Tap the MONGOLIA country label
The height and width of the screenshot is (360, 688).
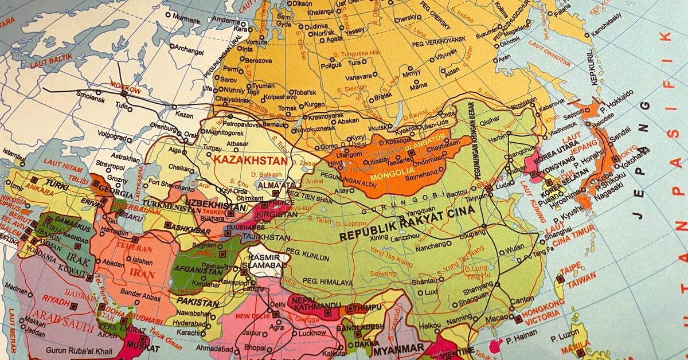392,177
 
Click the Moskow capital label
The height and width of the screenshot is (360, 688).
122,90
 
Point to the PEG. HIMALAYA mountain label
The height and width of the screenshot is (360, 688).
327,281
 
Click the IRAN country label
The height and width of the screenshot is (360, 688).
142,273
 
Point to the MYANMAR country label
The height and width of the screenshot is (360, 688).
398,348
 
